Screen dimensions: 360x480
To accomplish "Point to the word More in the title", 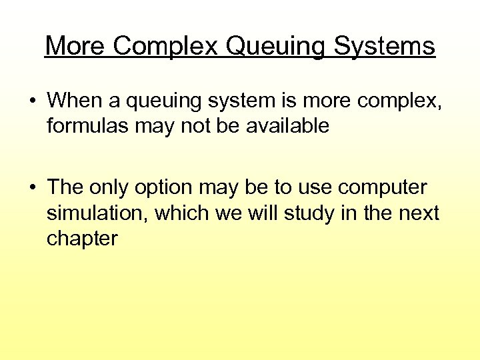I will pyautogui.click(x=75, y=46).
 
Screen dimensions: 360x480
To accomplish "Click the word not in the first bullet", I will pyautogui.click(x=189, y=126).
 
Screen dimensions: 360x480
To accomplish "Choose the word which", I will pyautogui.click(x=189, y=214).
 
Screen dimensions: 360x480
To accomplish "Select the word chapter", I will pyautogui.click(x=82, y=239).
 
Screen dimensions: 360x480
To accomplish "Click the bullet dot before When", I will pyautogui.click(x=32, y=101).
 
